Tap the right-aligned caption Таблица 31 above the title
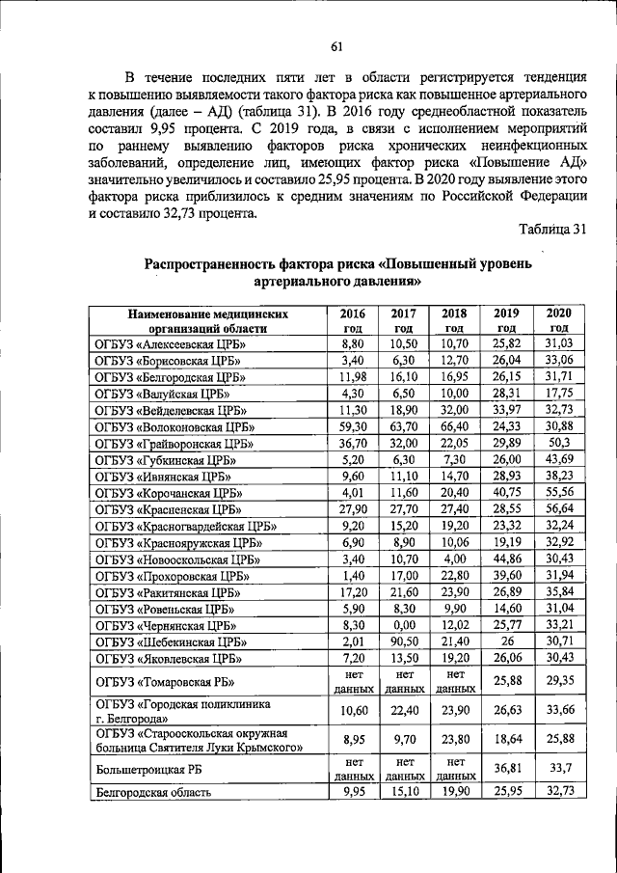551,229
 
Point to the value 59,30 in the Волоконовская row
353,425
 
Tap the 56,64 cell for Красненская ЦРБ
558,508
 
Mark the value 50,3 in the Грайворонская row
558,442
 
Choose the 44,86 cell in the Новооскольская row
506,559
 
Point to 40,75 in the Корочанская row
506,492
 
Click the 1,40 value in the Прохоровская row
353,575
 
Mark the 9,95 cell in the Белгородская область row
353,793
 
